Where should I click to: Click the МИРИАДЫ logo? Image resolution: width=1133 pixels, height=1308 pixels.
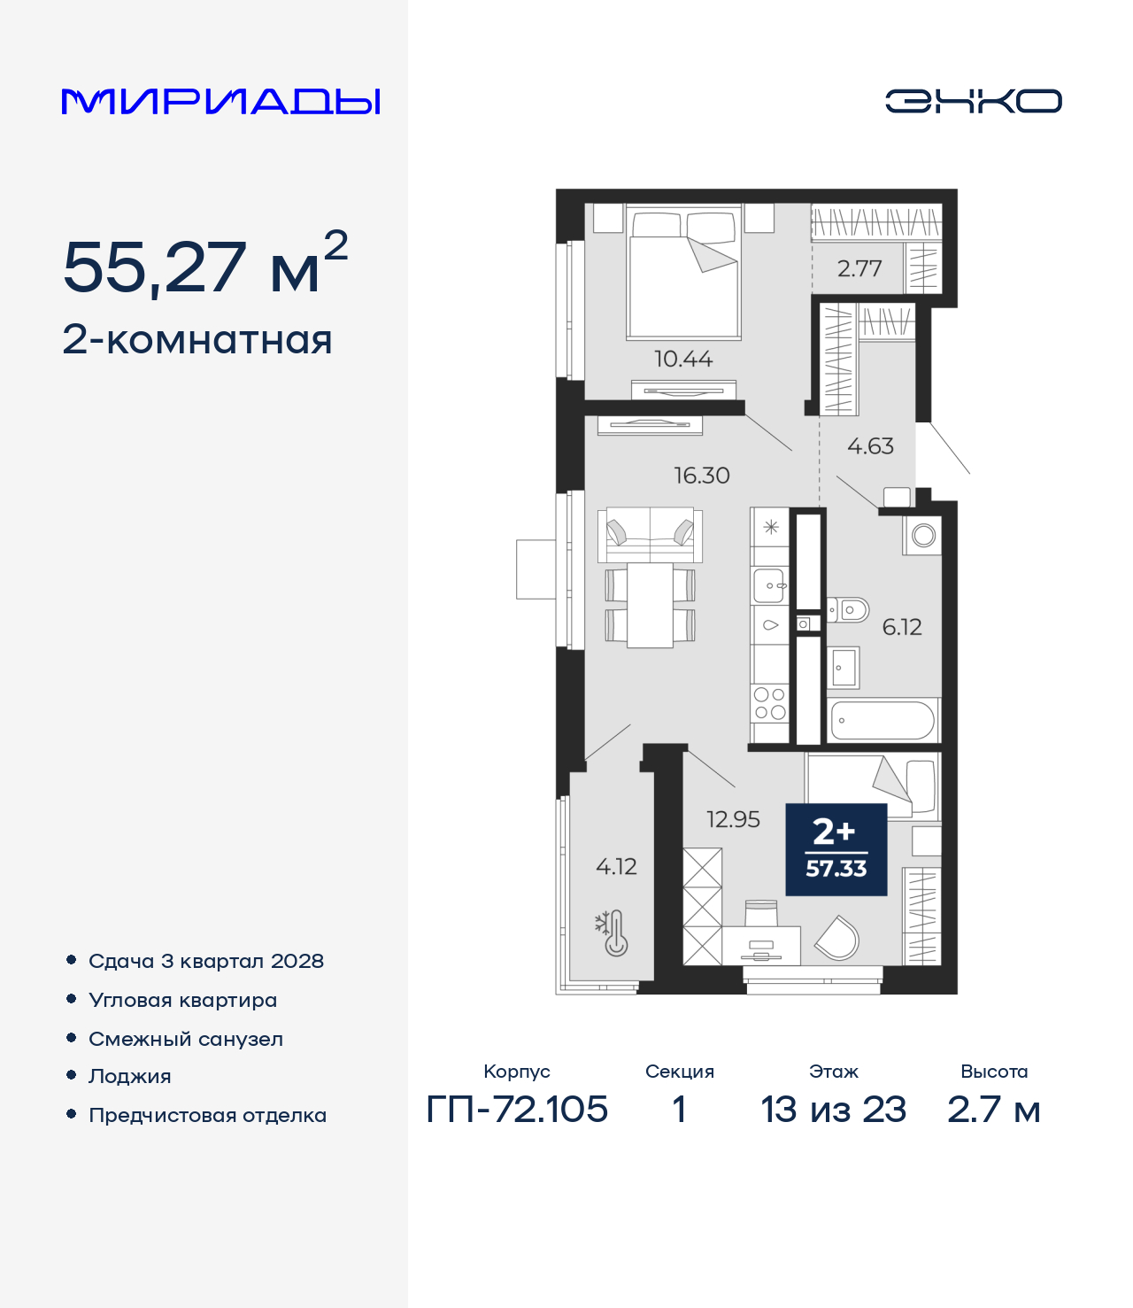pyautogui.click(x=220, y=101)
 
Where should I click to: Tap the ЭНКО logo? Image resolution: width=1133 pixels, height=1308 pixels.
pyautogui.click(x=973, y=101)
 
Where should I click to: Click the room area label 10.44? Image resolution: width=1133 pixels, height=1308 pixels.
pyautogui.click(x=683, y=360)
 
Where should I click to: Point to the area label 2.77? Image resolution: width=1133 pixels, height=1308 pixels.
pyautogui.click(x=859, y=269)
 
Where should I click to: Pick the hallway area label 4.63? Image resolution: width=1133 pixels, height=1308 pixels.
pyautogui.click(x=870, y=446)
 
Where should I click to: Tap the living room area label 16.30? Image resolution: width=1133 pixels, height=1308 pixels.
pyautogui.click(x=702, y=476)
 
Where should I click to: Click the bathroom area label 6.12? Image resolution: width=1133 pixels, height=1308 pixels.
pyautogui.click(x=902, y=627)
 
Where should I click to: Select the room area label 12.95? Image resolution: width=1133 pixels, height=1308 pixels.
pyautogui.click(x=733, y=819)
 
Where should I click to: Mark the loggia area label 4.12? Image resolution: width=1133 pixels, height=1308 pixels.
pyautogui.click(x=616, y=866)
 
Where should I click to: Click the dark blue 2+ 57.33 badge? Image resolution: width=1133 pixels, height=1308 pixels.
pyautogui.click(x=836, y=849)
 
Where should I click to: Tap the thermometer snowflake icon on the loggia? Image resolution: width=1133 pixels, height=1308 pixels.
pyautogui.click(x=611, y=933)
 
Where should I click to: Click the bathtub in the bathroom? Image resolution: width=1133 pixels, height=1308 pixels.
pyautogui.click(x=883, y=720)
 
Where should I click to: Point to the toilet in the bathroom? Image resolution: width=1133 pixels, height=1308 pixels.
pyautogui.click(x=848, y=611)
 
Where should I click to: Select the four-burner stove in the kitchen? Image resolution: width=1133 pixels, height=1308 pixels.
pyautogui.click(x=770, y=703)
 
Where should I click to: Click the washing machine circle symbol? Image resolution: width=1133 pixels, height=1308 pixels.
pyautogui.click(x=923, y=536)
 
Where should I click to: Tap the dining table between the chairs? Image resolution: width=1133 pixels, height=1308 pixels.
pyautogui.click(x=651, y=605)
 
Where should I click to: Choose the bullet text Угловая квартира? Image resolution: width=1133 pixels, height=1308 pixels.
pyautogui.click(x=183, y=1001)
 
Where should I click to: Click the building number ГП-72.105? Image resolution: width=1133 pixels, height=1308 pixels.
pyautogui.click(x=517, y=1110)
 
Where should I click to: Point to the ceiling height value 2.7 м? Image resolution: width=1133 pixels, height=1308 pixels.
pyautogui.click(x=994, y=1110)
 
